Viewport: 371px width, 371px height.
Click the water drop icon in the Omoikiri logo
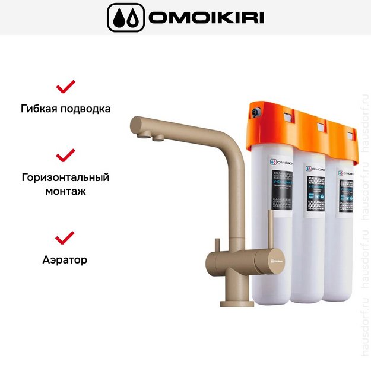click(x=125, y=18)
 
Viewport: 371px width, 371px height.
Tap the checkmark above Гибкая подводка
click(x=65, y=87)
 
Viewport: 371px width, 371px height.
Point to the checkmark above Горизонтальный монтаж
click(x=65, y=156)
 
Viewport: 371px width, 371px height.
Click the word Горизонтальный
click(x=65, y=177)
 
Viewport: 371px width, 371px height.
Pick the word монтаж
click(x=65, y=192)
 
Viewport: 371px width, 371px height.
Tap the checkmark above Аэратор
click(x=65, y=237)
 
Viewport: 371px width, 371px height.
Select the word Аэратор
click(x=65, y=259)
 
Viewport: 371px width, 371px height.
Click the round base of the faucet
click(x=237, y=303)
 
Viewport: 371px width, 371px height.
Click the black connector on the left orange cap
click(x=255, y=111)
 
